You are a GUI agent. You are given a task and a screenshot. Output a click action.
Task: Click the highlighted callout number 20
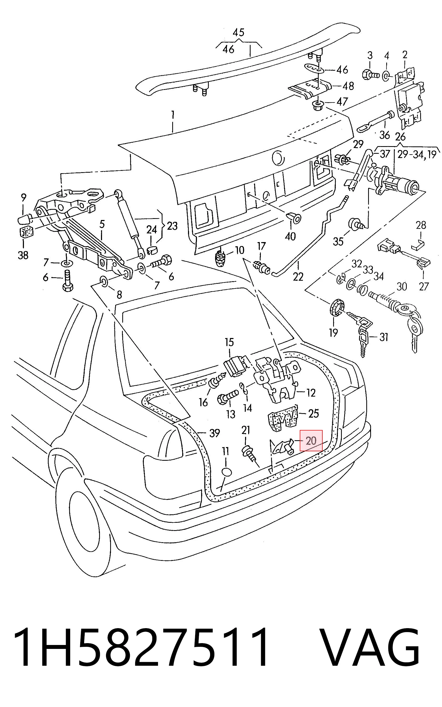click(311, 440)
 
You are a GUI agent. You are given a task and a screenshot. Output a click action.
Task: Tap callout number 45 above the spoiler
click(238, 32)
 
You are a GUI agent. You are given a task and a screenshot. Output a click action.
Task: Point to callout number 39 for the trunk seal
click(215, 433)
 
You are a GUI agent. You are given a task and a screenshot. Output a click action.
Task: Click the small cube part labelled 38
click(26, 232)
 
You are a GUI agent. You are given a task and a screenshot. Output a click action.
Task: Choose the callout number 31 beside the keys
click(384, 337)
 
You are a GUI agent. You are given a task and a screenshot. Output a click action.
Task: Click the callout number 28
click(421, 225)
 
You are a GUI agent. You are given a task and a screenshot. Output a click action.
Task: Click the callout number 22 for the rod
click(298, 276)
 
